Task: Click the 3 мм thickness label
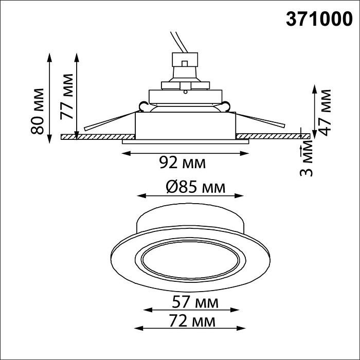(x=307, y=160)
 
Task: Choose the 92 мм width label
(x=182, y=164)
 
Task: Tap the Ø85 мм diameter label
(x=189, y=187)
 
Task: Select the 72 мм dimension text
(x=191, y=321)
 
